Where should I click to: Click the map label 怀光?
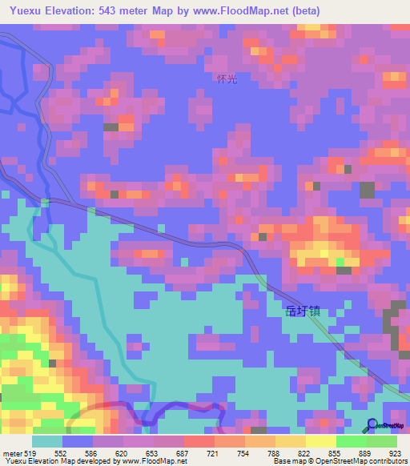point(227,78)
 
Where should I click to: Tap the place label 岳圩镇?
point(303,311)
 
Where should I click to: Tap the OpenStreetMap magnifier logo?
point(372,424)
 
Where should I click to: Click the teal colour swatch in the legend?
point(46,441)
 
